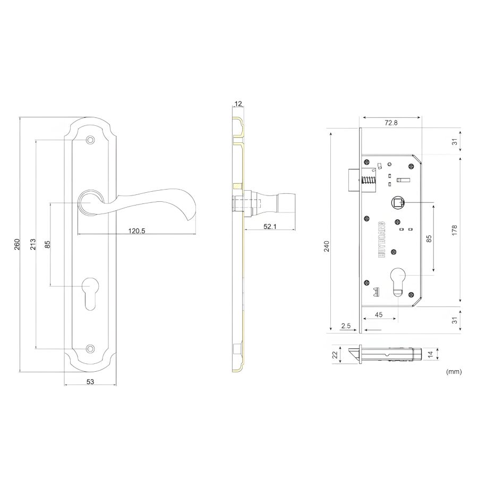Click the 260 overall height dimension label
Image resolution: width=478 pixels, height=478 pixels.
17,244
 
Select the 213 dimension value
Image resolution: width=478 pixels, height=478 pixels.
33,244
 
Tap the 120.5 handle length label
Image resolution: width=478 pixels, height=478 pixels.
136,231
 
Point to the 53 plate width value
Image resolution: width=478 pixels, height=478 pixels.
90,381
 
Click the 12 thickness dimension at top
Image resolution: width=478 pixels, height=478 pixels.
238,104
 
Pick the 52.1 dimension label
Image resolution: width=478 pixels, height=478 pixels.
270,226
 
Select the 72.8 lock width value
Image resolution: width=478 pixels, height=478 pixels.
391,123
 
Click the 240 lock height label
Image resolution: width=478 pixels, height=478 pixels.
327,246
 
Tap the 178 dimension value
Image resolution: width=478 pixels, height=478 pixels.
455,230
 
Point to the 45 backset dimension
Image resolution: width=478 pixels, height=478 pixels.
379,314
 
